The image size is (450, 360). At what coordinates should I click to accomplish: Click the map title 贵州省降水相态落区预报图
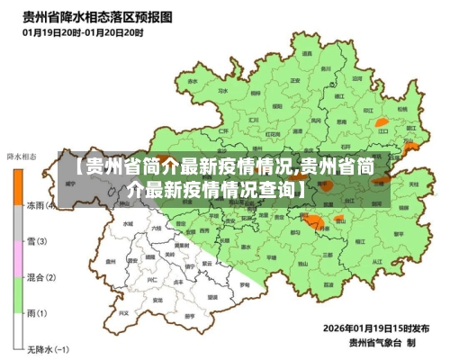(x=86, y=16)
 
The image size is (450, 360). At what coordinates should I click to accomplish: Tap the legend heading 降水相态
(x=21, y=156)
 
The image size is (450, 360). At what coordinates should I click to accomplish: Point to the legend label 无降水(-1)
(x=46, y=348)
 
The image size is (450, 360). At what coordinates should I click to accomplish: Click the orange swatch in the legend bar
(x=17, y=184)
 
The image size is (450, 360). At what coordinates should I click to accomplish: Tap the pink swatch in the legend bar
(x=17, y=259)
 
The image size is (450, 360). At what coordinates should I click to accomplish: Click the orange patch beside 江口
(x=382, y=121)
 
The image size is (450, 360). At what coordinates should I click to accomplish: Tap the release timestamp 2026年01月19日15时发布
(x=378, y=328)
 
